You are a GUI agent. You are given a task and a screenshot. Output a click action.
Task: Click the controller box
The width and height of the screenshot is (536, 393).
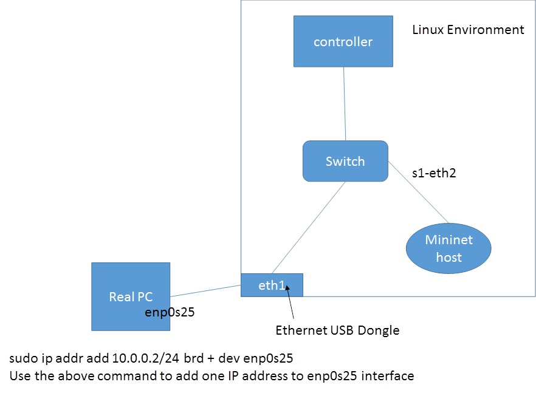(x=343, y=41)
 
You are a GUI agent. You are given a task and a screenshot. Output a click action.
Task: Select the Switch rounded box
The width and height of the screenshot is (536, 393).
(x=345, y=161)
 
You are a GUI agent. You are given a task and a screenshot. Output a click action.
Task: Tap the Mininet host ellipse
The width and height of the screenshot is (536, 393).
(x=448, y=248)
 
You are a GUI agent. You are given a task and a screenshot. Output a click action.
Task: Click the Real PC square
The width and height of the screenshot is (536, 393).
(x=131, y=296)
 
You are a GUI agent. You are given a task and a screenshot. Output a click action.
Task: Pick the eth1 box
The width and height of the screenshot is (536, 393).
(x=272, y=284)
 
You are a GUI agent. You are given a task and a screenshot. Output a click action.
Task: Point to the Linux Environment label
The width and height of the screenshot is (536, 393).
(x=467, y=29)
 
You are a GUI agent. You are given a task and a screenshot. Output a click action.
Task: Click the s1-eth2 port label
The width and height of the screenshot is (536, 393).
(x=434, y=173)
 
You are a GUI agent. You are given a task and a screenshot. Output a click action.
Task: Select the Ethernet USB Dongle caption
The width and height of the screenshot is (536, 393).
(x=337, y=330)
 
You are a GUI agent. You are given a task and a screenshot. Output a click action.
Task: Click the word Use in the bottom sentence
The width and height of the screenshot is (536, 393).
(x=19, y=376)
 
